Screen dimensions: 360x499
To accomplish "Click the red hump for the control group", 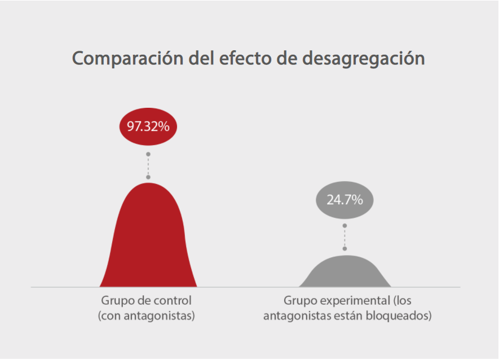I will (148, 243).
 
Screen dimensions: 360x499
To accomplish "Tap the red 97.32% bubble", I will (148, 126).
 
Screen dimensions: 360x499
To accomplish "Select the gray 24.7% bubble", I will (345, 199).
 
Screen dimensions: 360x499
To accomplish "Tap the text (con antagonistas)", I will (147, 315).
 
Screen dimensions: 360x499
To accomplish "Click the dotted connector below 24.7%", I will (345, 237).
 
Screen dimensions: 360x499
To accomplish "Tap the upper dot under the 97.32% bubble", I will (148, 154).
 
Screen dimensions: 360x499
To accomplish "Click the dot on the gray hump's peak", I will (345, 249).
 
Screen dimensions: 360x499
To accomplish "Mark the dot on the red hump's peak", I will (148, 177).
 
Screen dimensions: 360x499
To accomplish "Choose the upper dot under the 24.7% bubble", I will (345, 226).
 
